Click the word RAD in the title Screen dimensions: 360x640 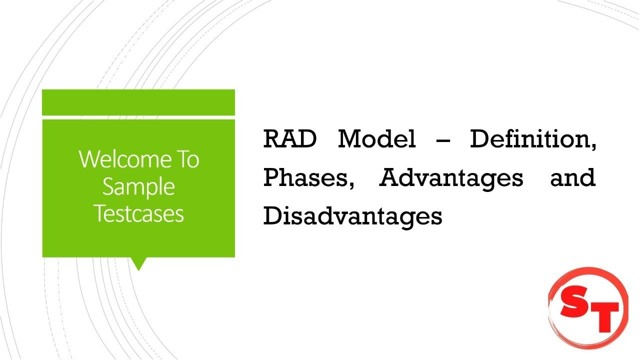click(289, 139)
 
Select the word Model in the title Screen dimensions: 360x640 click(376, 139)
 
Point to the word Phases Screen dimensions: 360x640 click(306, 178)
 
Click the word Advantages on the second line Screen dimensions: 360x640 click(451, 178)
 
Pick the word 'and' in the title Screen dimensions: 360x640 click(572, 178)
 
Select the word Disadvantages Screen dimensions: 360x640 click(352, 216)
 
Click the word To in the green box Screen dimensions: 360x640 click(186, 159)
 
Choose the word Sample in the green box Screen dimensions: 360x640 click(138, 186)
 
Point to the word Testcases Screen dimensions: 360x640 click(138, 213)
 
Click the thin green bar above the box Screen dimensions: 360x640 click(138, 102)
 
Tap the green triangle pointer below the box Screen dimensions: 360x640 click(138, 263)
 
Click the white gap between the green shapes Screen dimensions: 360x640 click(138, 117)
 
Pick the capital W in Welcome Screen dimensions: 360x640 click(89, 159)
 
